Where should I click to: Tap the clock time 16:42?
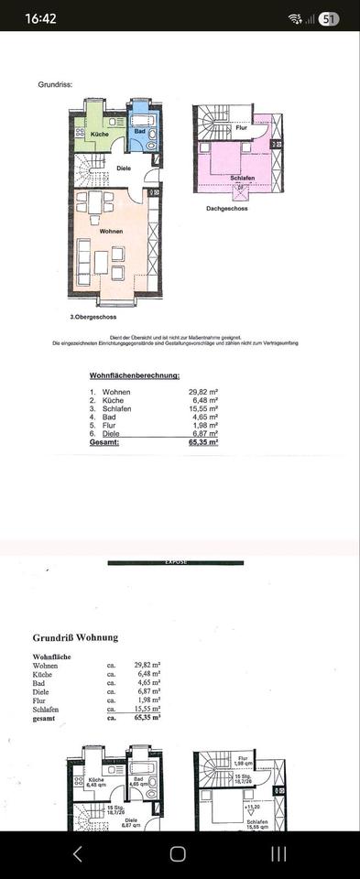(x=41, y=18)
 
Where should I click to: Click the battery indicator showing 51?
(x=328, y=18)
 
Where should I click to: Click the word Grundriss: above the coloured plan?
(x=55, y=84)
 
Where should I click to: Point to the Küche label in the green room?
(x=100, y=135)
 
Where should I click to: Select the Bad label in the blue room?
(x=139, y=132)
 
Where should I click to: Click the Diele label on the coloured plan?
(x=125, y=168)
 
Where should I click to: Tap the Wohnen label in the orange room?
(x=111, y=231)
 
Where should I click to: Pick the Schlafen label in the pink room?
(x=242, y=178)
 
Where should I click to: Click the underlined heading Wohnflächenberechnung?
(x=134, y=376)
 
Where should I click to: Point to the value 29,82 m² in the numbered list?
(x=203, y=391)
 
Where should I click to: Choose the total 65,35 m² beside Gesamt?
(x=202, y=441)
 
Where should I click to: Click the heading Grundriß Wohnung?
(x=75, y=637)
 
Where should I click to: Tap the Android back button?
(x=77, y=853)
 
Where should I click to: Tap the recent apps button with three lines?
(x=279, y=853)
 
